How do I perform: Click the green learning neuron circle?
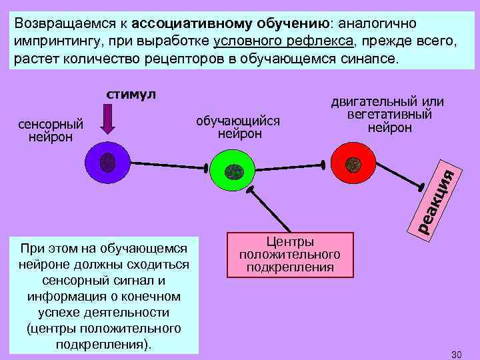[x=233, y=171]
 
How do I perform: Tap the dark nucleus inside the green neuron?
[x=233, y=171]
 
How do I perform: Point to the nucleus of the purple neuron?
[x=107, y=163]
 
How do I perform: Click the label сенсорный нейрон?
[x=51, y=131]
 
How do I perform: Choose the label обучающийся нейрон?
[x=239, y=127]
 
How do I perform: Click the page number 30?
[x=456, y=353]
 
